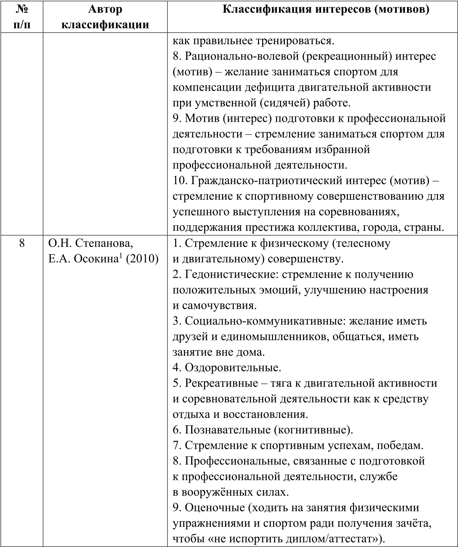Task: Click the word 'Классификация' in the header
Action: click(x=266, y=9)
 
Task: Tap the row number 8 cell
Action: click(x=22, y=243)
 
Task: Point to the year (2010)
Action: click(x=142, y=259)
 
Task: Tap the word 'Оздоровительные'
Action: click(x=233, y=367)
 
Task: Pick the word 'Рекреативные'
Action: click(x=222, y=383)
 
